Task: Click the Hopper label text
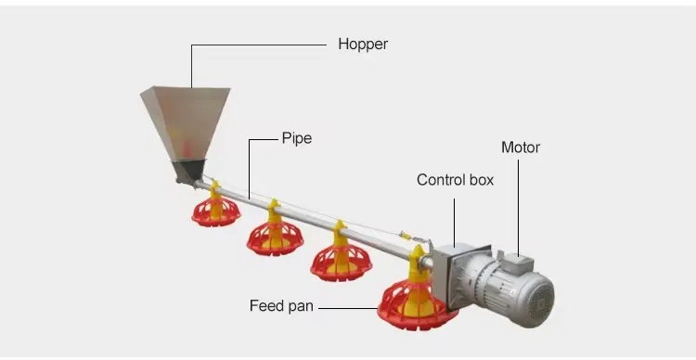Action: [363, 44]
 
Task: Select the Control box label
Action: [455, 180]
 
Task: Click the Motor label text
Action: [520, 148]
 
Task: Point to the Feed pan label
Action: [281, 305]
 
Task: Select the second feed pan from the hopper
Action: [275, 237]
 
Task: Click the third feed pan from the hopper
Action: [341, 260]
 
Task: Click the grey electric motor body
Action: [506, 292]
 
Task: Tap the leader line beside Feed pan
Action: [348, 305]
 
